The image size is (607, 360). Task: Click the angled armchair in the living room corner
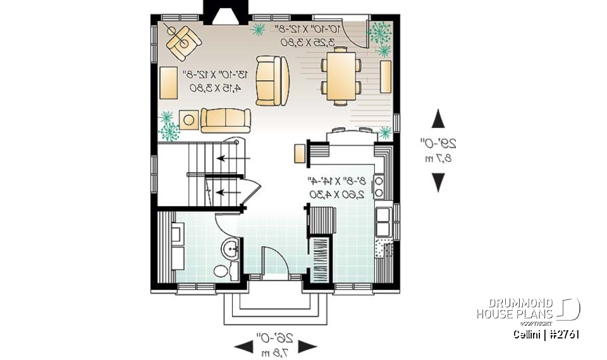point(183,39)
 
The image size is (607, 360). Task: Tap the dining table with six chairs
point(341,77)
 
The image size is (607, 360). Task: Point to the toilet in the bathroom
point(223,271)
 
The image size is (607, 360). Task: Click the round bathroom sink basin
point(231,249)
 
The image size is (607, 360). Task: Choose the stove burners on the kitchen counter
point(379,185)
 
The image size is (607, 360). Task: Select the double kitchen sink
point(383,221)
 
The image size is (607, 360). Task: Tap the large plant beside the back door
point(381,32)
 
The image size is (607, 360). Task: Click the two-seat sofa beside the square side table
point(226,120)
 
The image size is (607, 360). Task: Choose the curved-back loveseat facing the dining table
point(273,80)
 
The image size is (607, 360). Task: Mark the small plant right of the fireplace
point(258,28)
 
